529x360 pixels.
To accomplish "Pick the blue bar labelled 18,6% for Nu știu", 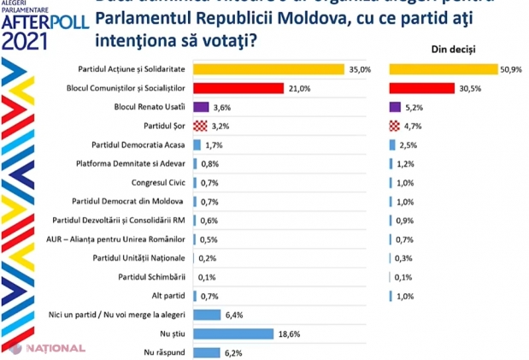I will point(232,333).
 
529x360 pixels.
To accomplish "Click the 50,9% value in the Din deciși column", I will point(509,69).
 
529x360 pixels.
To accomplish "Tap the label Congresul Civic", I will point(157,183).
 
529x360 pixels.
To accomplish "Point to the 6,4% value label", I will point(232,314).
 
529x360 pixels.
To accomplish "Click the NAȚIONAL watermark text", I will point(54,349).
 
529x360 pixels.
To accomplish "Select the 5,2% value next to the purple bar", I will point(413,107).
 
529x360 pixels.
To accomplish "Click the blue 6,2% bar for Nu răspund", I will point(207,351).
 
